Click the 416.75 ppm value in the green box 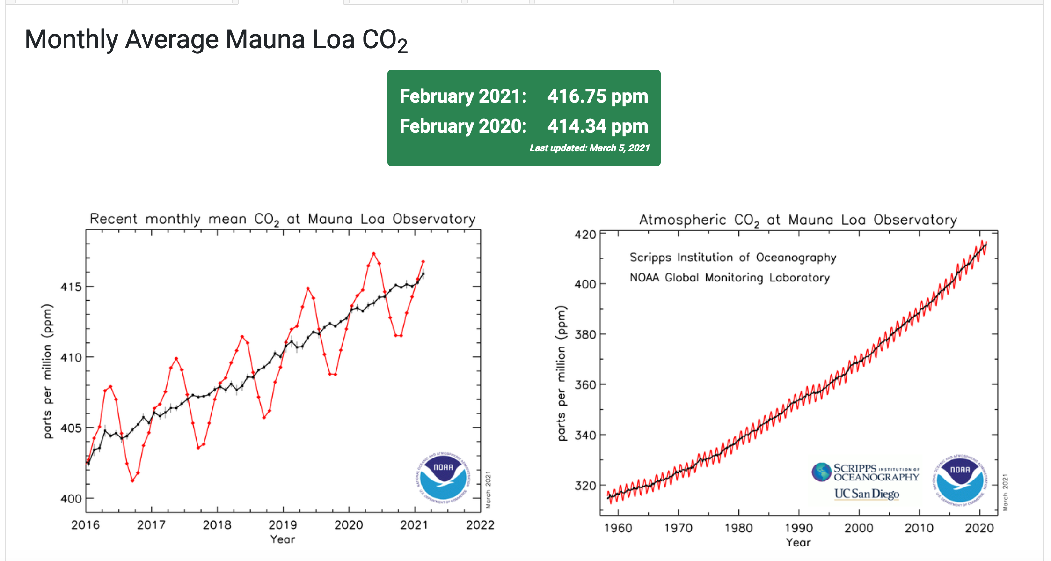pos(598,96)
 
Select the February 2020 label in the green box pos(463,126)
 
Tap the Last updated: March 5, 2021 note pos(589,148)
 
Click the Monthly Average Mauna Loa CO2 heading pos(216,40)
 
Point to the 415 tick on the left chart pos(71,287)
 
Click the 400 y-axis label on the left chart pos(71,499)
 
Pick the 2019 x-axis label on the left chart pos(283,525)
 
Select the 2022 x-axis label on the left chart pos(480,525)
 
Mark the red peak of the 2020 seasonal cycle pos(373,254)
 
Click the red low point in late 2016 pos(132,480)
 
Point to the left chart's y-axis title pos(48,371)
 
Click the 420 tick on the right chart pos(585,234)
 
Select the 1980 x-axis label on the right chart pos(738,528)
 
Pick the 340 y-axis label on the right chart pos(585,435)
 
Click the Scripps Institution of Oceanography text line pos(732,258)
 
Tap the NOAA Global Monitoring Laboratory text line pos(730,278)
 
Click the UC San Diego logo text pos(867,494)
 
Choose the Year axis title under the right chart pos(798,542)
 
